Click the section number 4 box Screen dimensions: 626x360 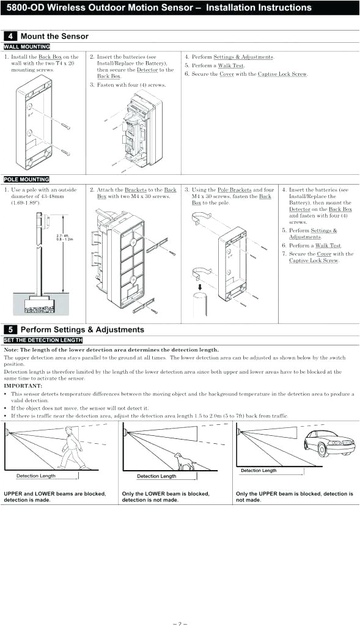point(11,37)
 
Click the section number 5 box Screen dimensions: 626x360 point(11,330)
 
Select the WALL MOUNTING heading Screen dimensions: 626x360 point(27,46)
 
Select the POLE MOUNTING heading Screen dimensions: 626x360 point(26,179)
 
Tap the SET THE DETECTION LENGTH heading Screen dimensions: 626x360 point(43,340)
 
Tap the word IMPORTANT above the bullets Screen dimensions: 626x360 point(23,386)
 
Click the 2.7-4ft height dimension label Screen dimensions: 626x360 point(64,237)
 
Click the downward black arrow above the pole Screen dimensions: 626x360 point(199,285)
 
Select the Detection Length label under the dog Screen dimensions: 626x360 point(156,476)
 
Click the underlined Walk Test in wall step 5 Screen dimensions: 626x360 point(231,65)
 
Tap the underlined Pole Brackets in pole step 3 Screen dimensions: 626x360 point(234,190)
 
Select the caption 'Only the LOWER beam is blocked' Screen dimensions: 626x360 point(165,493)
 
